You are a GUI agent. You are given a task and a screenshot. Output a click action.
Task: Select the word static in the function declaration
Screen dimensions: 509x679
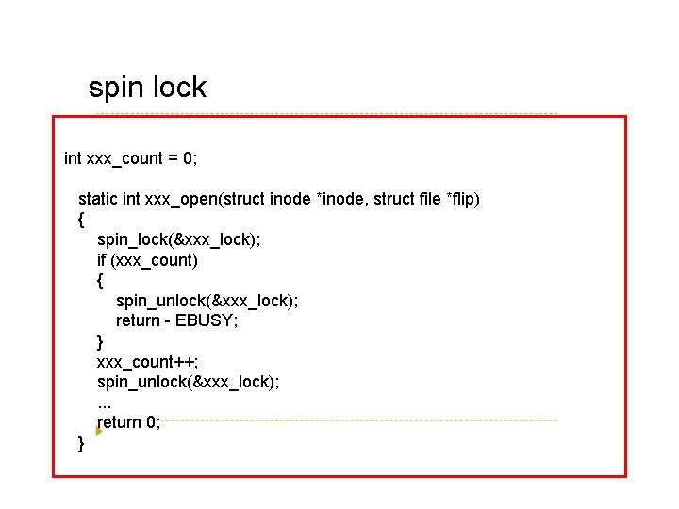98,199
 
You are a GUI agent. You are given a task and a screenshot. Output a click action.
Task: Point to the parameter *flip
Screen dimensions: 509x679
462,199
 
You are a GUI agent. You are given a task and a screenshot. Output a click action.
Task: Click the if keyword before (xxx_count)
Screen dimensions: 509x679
102,260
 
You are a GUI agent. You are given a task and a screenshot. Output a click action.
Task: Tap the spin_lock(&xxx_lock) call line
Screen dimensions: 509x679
179,239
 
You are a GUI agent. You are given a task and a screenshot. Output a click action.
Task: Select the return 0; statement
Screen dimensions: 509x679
129,422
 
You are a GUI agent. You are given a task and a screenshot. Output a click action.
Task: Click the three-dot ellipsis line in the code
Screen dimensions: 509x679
105,402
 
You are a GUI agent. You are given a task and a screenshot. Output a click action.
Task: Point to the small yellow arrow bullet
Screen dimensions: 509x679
99,431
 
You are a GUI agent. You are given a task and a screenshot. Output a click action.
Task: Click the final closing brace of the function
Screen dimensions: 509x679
82,442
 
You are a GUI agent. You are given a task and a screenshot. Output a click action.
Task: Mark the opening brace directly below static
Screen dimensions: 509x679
82,220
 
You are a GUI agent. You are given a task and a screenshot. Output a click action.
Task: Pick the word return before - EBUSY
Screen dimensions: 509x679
138,320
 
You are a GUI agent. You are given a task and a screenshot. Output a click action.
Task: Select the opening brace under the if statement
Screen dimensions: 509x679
101,280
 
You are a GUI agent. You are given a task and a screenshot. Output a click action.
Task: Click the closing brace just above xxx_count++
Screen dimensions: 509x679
101,341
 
